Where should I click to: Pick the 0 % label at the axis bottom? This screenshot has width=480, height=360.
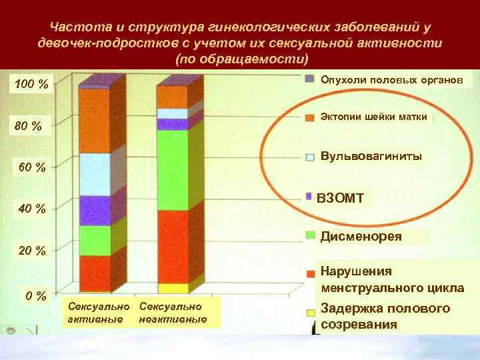(35, 295)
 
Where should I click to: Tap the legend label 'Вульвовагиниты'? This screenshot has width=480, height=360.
(371, 157)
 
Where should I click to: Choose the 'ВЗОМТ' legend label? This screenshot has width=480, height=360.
(339, 198)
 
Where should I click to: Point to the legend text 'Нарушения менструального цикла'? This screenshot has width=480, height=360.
(392, 280)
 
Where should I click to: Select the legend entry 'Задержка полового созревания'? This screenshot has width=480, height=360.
(385, 316)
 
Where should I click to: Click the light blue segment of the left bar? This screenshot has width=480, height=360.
(95, 174)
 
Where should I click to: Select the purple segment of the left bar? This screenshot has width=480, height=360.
(95, 211)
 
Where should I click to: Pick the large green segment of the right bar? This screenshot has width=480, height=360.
(173, 170)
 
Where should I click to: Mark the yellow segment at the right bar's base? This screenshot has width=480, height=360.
(173, 288)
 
